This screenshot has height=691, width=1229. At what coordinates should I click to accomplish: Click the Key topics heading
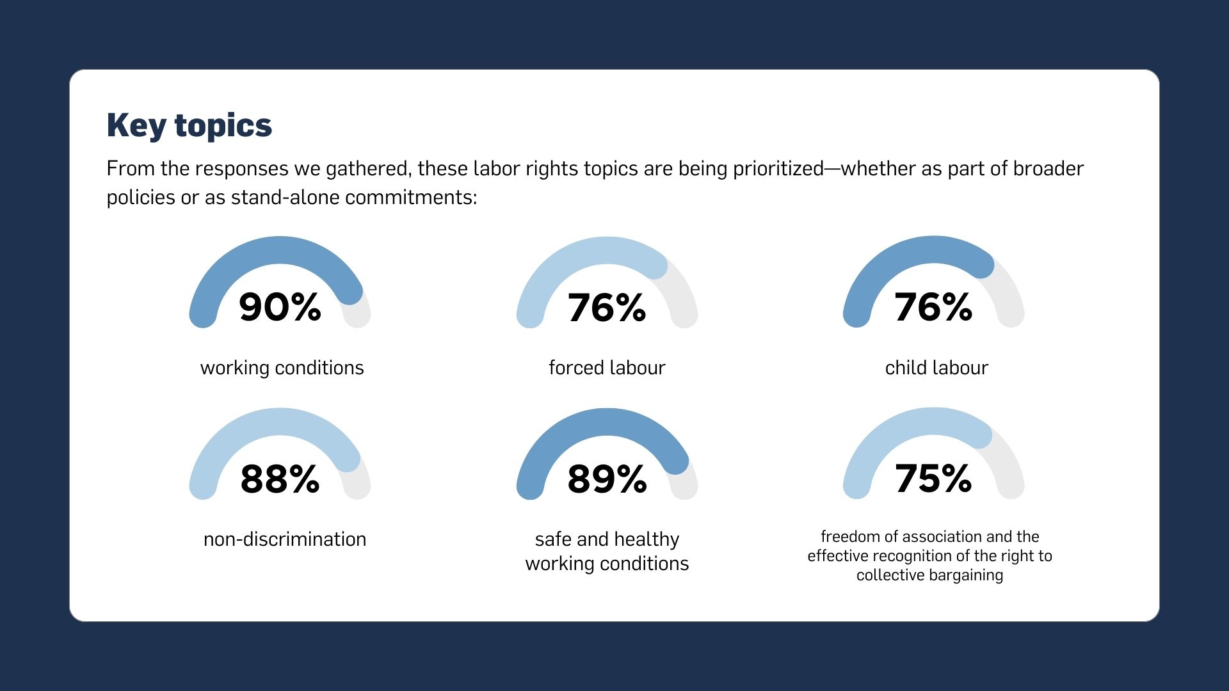click(189, 125)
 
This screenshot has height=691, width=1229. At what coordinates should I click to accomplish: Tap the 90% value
click(280, 307)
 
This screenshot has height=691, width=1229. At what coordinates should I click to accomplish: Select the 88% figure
click(280, 479)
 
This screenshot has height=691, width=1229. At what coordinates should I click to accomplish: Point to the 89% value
click(607, 479)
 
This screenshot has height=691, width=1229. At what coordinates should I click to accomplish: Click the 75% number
click(933, 479)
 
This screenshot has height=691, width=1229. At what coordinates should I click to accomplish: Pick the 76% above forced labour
click(607, 307)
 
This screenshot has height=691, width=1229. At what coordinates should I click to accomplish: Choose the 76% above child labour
click(933, 307)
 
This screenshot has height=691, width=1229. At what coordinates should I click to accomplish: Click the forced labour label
click(607, 368)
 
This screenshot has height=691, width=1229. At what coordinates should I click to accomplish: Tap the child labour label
click(936, 368)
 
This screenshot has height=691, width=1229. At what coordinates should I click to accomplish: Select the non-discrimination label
click(285, 539)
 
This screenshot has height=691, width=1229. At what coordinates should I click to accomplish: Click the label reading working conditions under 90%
click(282, 368)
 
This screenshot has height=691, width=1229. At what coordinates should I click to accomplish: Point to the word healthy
click(647, 539)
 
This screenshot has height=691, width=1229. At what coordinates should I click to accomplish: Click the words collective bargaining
click(929, 575)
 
